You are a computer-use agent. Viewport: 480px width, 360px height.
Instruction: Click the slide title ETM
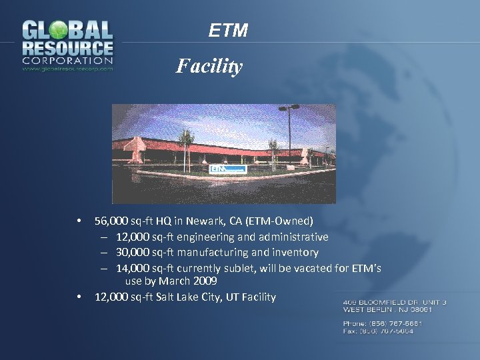(x=228, y=31)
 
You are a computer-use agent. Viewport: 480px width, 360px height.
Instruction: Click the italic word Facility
(x=209, y=66)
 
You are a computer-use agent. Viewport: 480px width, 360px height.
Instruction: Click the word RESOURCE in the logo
(x=67, y=48)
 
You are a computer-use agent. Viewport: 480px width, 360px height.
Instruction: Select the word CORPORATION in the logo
(x=67, y=60)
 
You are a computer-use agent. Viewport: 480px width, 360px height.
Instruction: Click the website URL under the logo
(x=67, y=68)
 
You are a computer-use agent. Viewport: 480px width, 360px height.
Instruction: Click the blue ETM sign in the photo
(x=228, y=169)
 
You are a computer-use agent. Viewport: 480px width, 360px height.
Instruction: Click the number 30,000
(x=133, y=253)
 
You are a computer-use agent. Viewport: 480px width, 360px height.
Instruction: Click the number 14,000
(x=133, y=269)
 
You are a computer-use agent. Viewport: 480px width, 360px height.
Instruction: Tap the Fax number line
(x=378, y=331)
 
